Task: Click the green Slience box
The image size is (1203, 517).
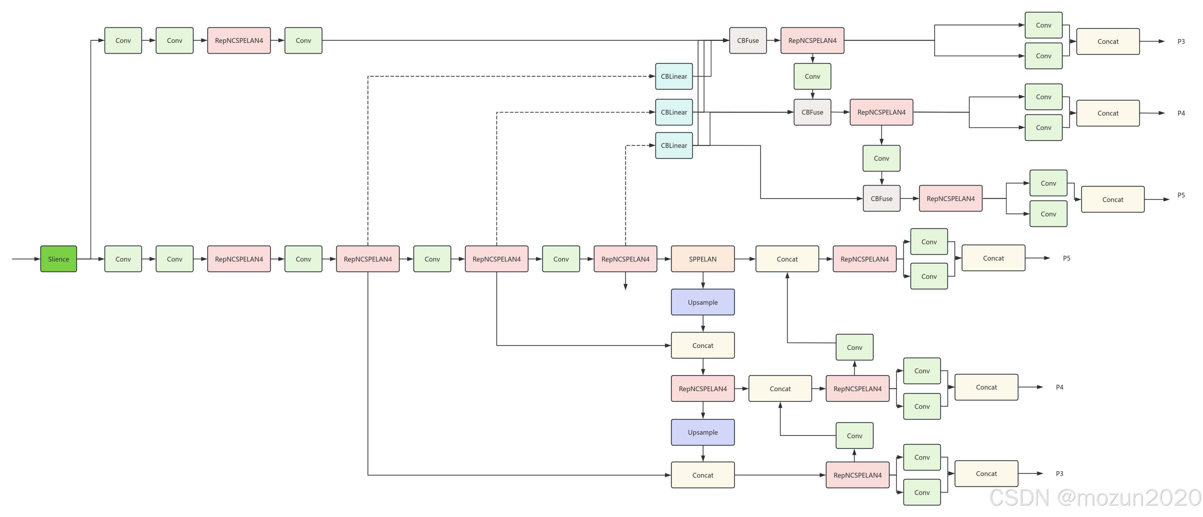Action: tap(58, 259)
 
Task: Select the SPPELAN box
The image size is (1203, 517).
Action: tap(702, 259)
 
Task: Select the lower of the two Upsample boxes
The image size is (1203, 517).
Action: tap(702, 432)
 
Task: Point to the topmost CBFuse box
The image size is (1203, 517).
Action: tap(748, 41)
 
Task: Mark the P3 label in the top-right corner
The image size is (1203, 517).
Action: tap(1181, 42)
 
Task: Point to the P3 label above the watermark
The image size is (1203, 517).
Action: tap(1060, 473)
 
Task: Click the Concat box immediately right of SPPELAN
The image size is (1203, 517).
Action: tap(787, 259)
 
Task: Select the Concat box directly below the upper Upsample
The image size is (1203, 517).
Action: tap(702, 346)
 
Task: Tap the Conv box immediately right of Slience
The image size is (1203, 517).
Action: tap(123, 259)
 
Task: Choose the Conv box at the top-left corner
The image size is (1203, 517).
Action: tap(123, 41)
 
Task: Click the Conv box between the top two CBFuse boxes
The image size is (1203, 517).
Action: tap(812, 77)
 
